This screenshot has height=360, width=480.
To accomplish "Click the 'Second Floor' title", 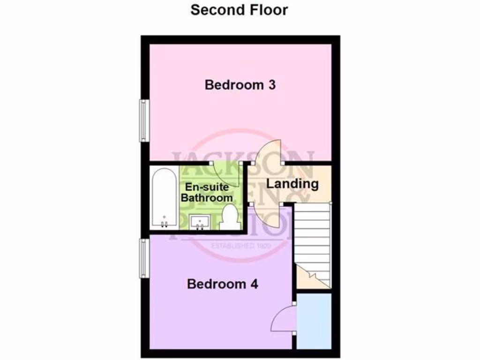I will click(239, 10).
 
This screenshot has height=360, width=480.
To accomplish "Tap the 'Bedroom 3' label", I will click(240, 85).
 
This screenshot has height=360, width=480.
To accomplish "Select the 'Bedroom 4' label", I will click(223, 284).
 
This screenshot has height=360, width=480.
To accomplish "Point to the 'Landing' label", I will click(292, 184).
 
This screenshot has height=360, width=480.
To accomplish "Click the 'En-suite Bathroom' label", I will click(207, 192).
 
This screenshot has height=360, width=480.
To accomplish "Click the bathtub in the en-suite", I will click(164, 198).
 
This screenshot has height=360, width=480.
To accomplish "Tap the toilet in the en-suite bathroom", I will click(229, 218).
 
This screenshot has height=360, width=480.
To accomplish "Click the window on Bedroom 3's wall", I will click(143, 120).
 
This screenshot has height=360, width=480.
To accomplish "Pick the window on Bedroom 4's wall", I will click(143, 258).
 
